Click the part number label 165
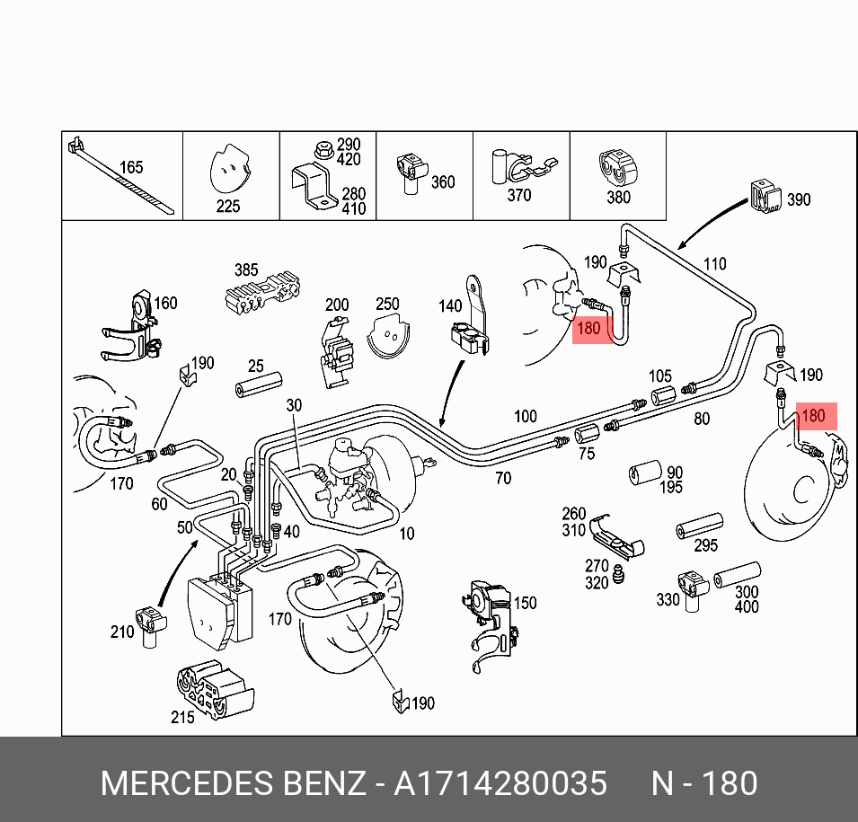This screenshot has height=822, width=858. coord(131,167)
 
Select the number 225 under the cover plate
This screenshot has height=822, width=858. coord(227,207)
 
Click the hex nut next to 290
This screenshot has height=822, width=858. coord(324,149)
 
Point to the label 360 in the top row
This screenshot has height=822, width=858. coord(443,181)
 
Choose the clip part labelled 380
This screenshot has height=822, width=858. coord(618,169)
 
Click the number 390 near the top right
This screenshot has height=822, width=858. coord(799,199)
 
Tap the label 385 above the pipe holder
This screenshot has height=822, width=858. coord(246,270)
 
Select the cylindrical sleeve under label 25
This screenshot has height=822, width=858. coord(258,384)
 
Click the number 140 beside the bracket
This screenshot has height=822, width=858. coord(450,306)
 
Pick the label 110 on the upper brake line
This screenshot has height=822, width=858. coord(714,264)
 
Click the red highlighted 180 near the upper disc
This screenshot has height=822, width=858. coord(588,329)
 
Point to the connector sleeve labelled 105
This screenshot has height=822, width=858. coord(663,395)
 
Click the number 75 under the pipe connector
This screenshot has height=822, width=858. coord(587,454)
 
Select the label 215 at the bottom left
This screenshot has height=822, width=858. coord(182,717)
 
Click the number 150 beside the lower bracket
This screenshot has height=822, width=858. coord(525,603)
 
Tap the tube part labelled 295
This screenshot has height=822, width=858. coord(699,526)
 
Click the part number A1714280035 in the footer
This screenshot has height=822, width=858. coord(500,783)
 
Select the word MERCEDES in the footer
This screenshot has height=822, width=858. coord(187,783)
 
